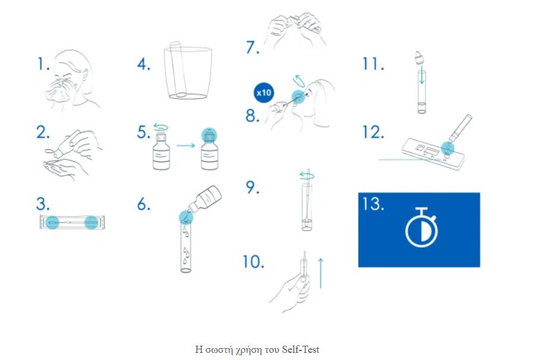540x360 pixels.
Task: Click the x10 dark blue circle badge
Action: pyautogui.click(x=264, y=93)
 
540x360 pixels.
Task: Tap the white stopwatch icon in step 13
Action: pyautogui.click(x=421, y=227)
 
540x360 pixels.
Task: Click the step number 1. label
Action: pyautogui.click(x=43, y=64)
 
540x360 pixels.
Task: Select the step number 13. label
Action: pyautogui.click(x=373, y=204)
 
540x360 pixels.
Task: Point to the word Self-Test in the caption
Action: pyautogui.click(x=301, y=349)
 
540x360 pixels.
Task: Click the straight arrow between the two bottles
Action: pyautogui.click(x=186, y=145)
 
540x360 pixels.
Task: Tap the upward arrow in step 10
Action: pyautogui.click(x=321, y=273)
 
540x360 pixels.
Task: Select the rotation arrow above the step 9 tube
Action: pyautogui.click(x=307, y=176)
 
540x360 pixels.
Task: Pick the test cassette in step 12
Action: pyautogui.click(x=433, y=154)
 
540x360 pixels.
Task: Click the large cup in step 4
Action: pyautogui.click(x=188, y=73)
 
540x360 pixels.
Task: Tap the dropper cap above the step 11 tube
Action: pyautogui.click(x=419, y=58)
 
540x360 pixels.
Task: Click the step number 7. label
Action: pyautogui.click(x=252, y=47)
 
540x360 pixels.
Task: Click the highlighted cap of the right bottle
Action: pyautogui.click(x=209, y=134)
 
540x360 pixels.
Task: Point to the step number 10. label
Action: pyautogui.click(x=253, y=262)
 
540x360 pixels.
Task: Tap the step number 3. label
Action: pyautogui.click(x=43, y=204)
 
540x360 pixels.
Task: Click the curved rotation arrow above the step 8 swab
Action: pyautogui.click(x=299, y=82)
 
